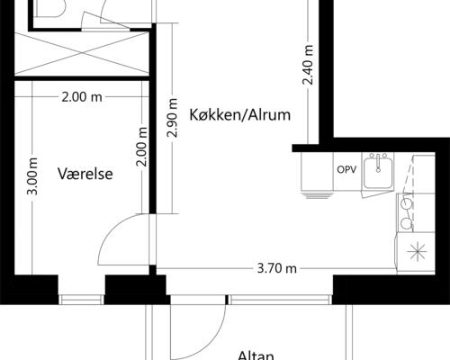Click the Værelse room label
[x=86, y=174]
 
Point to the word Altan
[x=256, y=355]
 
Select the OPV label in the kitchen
[x=346, y=170]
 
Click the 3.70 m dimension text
[x=277, y=267]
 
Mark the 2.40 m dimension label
[x=308, y=65]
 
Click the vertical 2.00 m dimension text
[x=140, y=144]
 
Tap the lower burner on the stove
[x=406, y=221]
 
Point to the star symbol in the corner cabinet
[x=418, y=251]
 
